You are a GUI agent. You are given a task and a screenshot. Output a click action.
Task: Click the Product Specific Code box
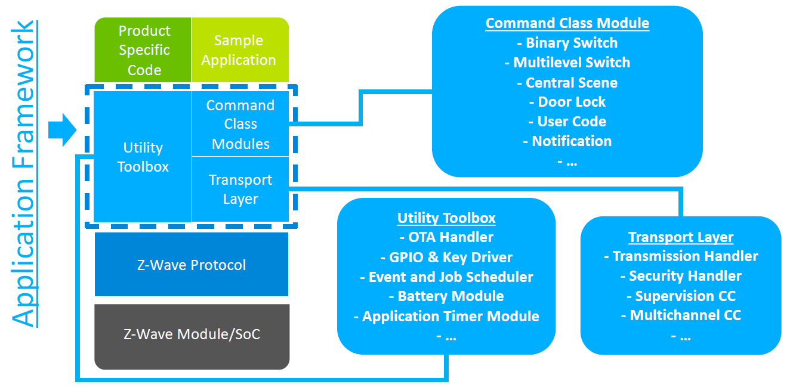click(x=144, y=50)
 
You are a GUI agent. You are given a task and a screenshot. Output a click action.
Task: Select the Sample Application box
click(x=239, y=50)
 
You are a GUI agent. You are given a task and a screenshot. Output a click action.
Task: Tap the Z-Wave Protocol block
click(x=192, y=265)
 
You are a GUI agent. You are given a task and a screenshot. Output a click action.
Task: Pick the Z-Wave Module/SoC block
click(x=192, y=334)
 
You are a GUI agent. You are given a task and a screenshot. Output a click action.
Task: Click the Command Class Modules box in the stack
click(x=240, y=125)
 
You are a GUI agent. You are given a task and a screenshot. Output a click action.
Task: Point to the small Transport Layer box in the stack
click(x=240, y=190)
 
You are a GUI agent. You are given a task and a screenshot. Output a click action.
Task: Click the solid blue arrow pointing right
click(x=61, y=129)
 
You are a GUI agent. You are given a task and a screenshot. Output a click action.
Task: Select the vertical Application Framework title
click(x=24, y=174)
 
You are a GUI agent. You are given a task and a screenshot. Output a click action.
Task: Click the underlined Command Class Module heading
click(x=567, y=23)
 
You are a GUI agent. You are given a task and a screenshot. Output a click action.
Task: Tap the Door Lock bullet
click(x=567, y=102)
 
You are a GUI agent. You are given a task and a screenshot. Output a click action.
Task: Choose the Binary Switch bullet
click(x=567, y=43)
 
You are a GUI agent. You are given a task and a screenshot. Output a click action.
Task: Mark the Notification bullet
click(x=567, y=141)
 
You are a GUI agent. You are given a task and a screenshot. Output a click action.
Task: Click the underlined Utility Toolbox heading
click(x=446, y=218)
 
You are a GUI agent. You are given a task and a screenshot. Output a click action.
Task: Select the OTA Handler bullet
click(x=446, y=237)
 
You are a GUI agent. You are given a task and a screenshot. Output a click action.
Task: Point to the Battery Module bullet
click(x=446, y=296)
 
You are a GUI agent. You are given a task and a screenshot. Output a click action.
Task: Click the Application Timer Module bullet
click(x=446, y=316)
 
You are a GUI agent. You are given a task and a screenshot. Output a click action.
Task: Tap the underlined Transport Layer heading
click(x=681, y=237)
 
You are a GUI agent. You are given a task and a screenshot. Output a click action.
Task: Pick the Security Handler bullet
click(x=681, y=276)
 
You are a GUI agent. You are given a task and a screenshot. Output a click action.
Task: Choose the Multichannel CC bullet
click(x=681, y=315)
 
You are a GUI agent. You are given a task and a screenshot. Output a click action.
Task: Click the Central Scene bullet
click(x=567, y=82)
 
